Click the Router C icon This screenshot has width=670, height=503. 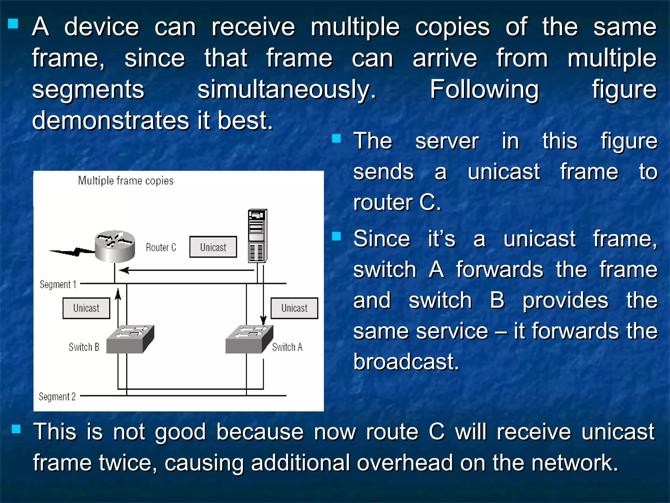tap(115, 246)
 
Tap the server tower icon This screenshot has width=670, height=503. tap(257, 236)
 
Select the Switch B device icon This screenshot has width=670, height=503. tap(130, 339)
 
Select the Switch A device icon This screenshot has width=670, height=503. tap(249, 339)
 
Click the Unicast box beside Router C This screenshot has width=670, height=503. tap(213, 247)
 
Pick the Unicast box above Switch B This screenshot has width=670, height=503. tap(86, 308)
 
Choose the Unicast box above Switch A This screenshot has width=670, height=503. tap(294, 308)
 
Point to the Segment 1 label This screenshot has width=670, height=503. tap(58, 284)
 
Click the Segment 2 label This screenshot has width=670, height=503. tap(57, 397)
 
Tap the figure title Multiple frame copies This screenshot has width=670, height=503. tap(126, 181)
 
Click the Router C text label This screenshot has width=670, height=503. tap(161, 247)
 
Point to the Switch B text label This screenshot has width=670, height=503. tap(84, 347)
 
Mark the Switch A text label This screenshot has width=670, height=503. tap(287, 347)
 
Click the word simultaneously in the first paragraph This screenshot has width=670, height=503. tap(287, 90)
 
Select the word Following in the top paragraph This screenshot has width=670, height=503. tap(484, 90)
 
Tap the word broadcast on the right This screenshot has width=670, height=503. tap(406, 362)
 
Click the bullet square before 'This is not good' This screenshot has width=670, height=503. tap(16, 429)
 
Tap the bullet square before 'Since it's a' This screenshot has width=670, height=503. tap(336, 236)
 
